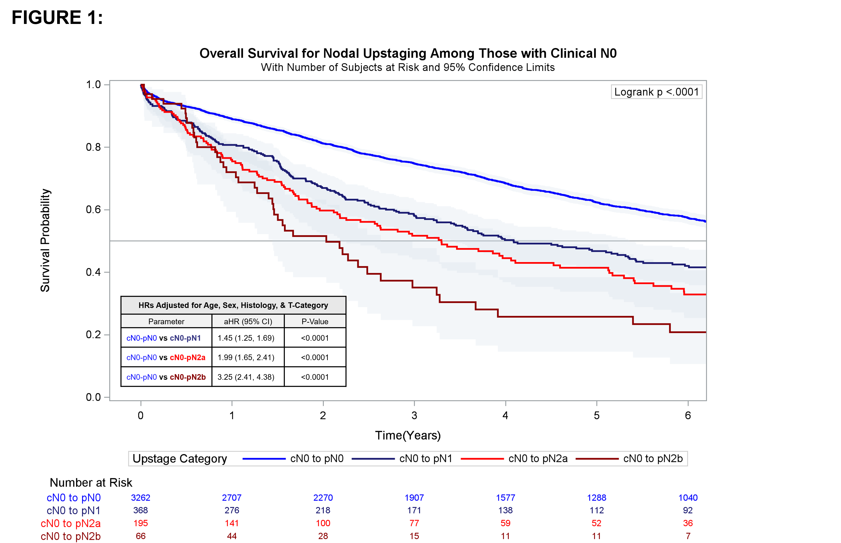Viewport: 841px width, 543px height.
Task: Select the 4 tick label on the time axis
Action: point(505,416)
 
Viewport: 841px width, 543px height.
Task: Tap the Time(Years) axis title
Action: point(408,436)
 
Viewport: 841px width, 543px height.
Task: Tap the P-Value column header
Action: point(315,322)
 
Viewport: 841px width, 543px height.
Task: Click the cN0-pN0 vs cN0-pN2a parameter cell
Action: point(166,358)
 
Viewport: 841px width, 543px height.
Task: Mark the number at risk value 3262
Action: point(141,498)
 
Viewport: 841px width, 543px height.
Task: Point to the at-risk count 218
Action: point(323,510)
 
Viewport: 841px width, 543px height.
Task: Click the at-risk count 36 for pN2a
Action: point(688,523)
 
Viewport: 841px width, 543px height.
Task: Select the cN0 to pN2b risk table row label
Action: point(70,536)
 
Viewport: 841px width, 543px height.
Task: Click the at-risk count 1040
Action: point(688,498)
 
